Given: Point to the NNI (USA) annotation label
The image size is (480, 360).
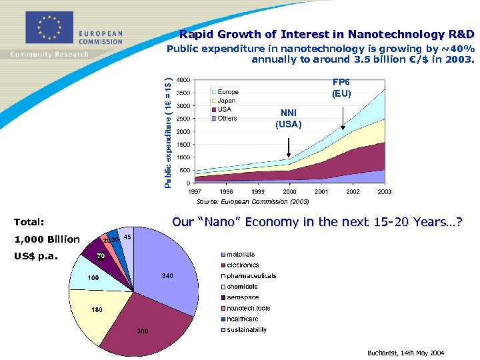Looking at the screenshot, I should click(288, 118).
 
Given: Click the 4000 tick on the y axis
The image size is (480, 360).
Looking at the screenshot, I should click(181, 79).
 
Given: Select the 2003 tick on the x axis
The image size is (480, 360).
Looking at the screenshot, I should click(384, 191).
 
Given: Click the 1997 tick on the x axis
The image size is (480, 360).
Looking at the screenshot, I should click(194, 191).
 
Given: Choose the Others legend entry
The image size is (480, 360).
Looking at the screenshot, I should click(227, 118).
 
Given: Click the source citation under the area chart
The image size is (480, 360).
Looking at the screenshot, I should click(253, 201).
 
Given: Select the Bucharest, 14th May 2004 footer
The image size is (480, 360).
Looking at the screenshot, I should click(405, 353).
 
